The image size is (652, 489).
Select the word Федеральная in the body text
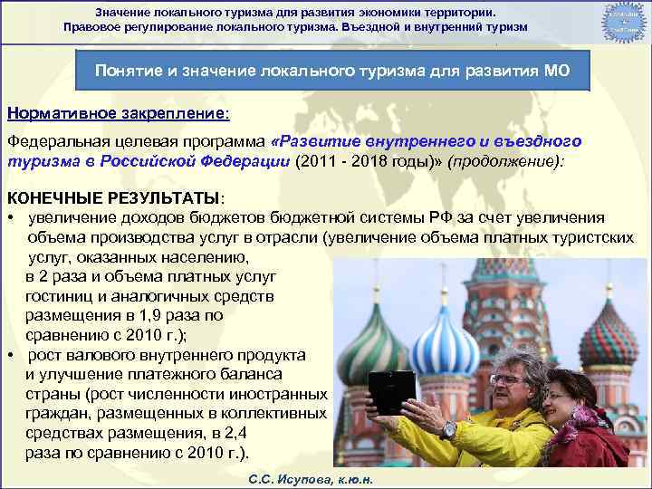tap(64, 142)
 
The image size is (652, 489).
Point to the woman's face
tap(560, 398)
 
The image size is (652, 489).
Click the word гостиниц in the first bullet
tap(60, 297)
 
